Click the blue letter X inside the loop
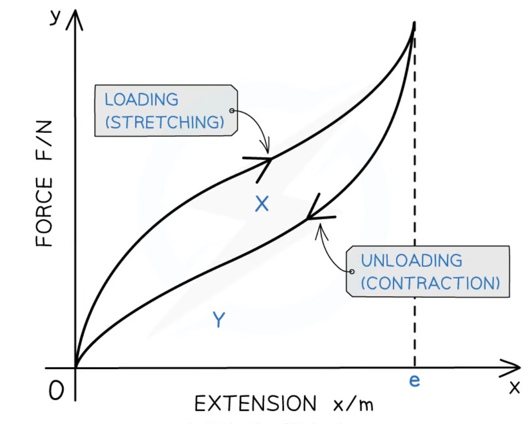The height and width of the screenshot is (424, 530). point(262,204)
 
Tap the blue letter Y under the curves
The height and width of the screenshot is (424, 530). point(219,319)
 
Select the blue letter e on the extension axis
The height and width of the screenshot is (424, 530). point(414,381)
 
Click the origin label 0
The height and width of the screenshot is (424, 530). point(56,391)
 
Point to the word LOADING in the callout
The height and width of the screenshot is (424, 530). point(142,99)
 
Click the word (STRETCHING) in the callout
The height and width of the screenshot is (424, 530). point(165,122)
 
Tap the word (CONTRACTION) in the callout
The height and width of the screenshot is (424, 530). point(431,283)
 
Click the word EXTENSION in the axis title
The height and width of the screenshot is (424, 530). point(255,403)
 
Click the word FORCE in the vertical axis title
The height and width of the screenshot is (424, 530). point(45,212)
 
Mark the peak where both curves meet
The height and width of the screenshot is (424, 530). point(414,24)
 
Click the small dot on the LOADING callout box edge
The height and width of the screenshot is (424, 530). point(232,111)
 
